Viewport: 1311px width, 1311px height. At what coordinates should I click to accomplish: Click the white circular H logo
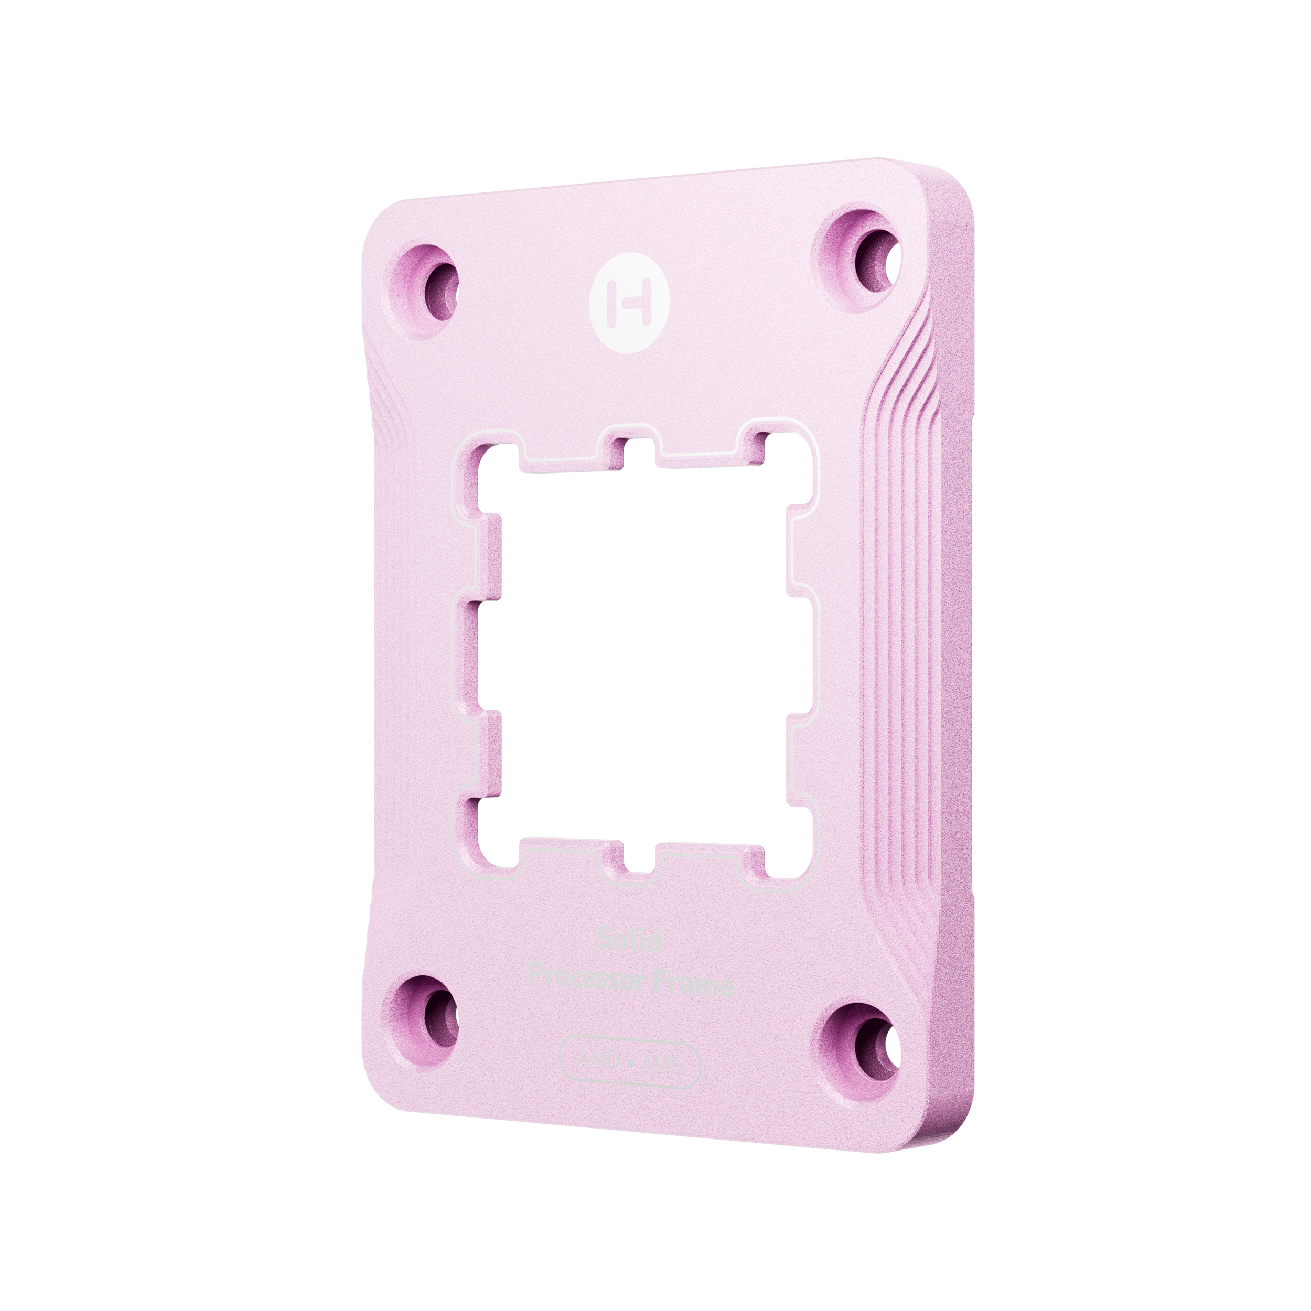coord(630,303)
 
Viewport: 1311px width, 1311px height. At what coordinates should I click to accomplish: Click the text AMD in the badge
coord(597,1061)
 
